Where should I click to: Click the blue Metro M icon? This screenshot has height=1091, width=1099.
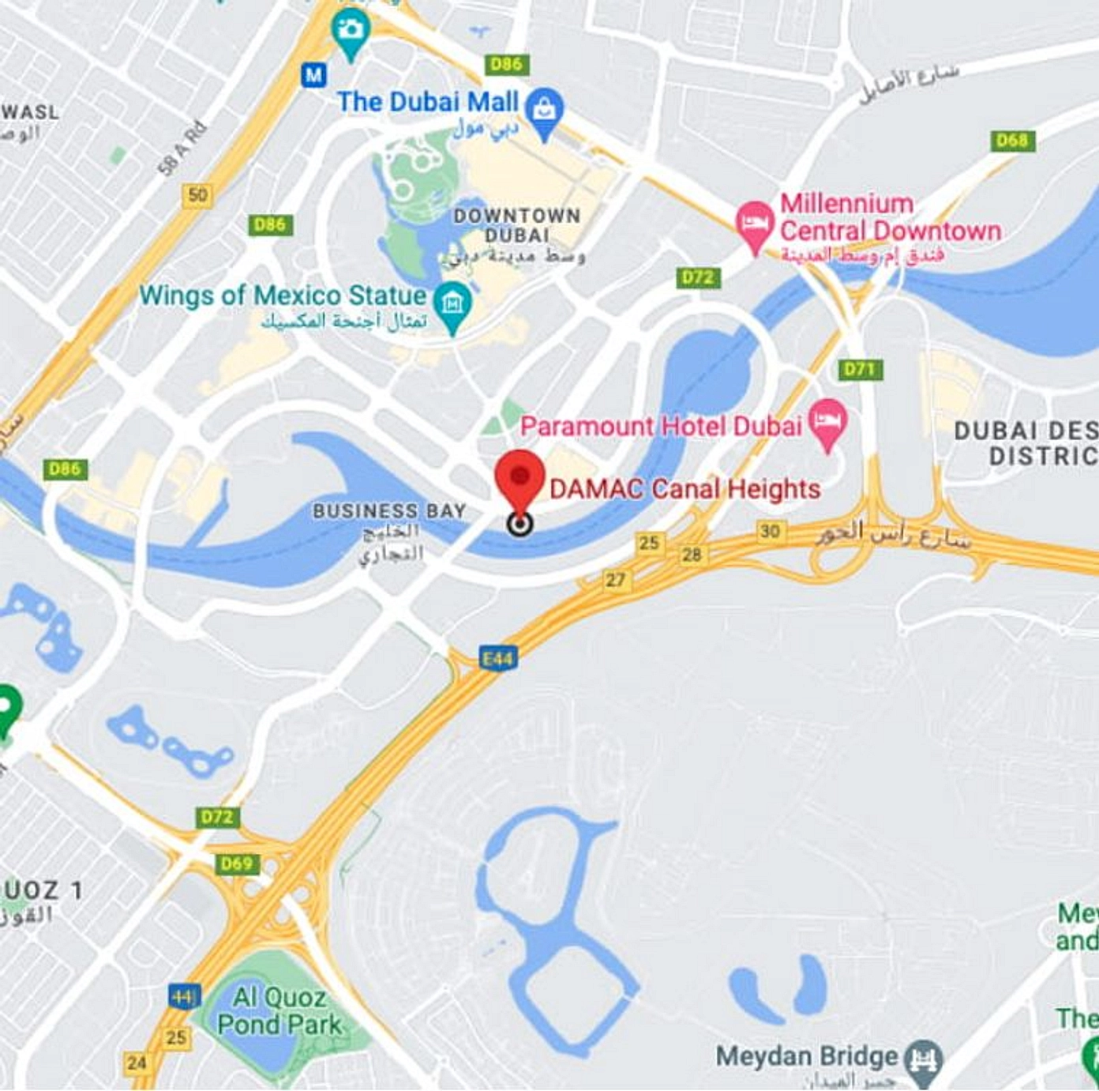(314, 75)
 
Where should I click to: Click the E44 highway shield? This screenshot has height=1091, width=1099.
(498, 658)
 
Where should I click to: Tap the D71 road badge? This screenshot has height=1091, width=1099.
(860, 369)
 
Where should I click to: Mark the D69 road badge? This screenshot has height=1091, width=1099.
(236, 863)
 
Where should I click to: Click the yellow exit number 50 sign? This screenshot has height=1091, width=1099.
(197, 194)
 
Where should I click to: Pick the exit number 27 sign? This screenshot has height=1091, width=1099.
(615, 580)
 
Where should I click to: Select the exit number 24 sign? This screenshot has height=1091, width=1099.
(137, 1063)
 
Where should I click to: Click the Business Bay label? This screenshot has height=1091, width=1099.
(389, 511)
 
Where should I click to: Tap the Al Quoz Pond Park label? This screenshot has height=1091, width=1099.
(279, 1011)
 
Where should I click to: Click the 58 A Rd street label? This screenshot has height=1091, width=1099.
(182, 147)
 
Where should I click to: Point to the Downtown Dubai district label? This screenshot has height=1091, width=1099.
(517, 225)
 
